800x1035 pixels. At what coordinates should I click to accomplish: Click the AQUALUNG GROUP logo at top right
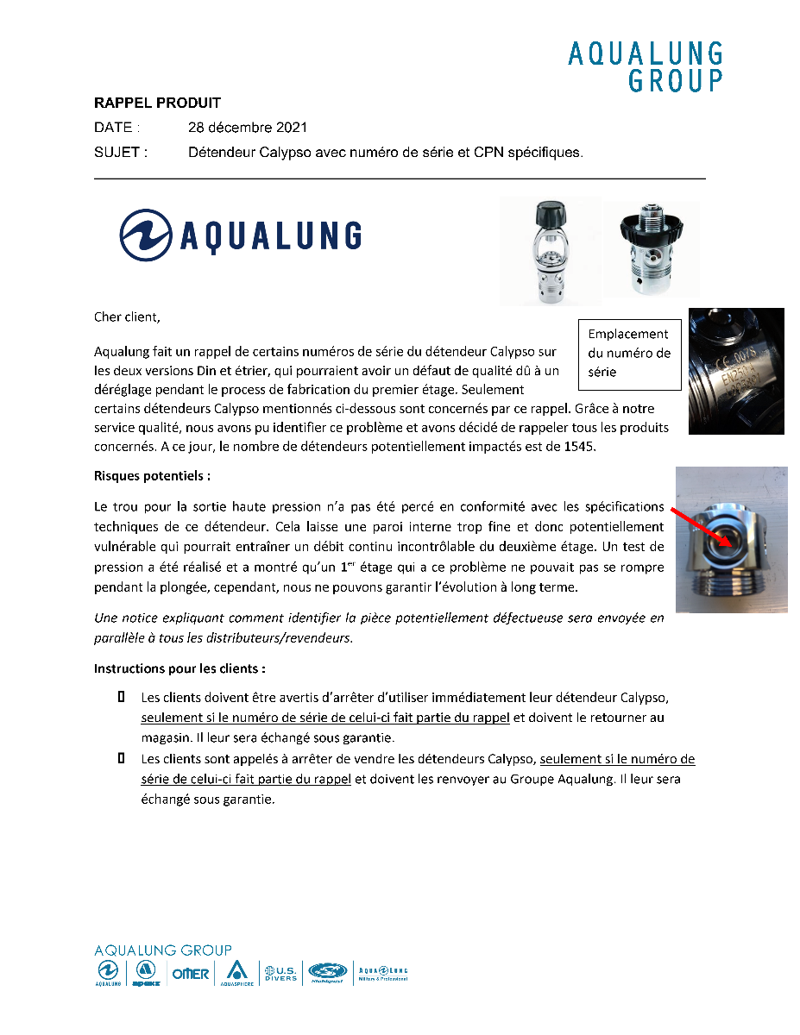pyautogui.click(x=645, y=67)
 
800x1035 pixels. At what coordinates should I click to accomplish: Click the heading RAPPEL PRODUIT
pyautogui.click(x=157, y=103)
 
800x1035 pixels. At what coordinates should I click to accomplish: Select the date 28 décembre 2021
pyautogui.click(x=248, y=128)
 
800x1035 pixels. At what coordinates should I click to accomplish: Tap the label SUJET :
pyautogui.click(x=120, y=153)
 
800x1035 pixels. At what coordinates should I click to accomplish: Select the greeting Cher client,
pyautogui.click(x=127, y=317)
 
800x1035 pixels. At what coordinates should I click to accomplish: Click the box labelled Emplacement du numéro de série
pyautogui.click(x=629, y=353)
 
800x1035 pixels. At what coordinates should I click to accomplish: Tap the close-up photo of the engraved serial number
pyautogui.click(x=735, y=371)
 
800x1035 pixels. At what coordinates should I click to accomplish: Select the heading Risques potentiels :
pyautogui.click(x=152, y=475)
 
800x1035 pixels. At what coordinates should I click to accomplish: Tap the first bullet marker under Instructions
pyautogui.click(x=122, y=695)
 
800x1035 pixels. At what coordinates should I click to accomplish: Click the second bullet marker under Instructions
pyautogui.click(x=122, y=758)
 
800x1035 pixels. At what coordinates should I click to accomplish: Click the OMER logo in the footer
pyautogui.click(x=191, y=974)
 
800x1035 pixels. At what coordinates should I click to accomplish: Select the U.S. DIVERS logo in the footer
pyautogui.click(x=280, y=972)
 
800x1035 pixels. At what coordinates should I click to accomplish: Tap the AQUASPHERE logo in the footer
pyautogui.click(x=236, y=973)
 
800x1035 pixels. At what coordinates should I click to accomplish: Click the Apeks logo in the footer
pyautogui.click(x=145, y=973)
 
